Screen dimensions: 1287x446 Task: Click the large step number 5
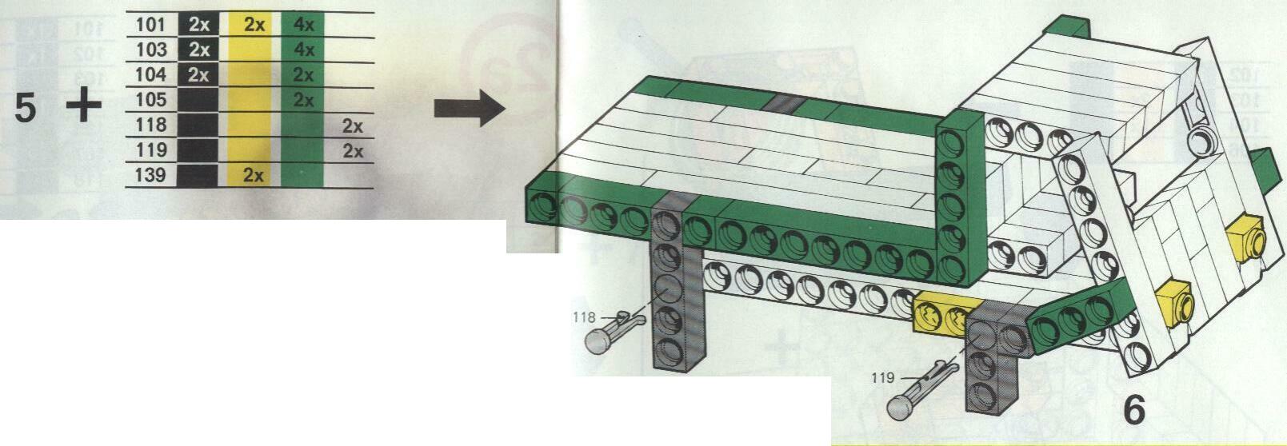tap(25, 108)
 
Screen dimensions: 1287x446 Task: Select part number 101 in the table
tap(150, 25)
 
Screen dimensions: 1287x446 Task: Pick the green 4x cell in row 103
tap(304, 50)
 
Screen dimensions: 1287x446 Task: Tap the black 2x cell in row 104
tap(199, 74)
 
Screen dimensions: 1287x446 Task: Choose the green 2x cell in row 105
tap(304, 100)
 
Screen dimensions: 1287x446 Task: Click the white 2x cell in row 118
tap(352, 125)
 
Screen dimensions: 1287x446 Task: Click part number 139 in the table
tap(150, 174)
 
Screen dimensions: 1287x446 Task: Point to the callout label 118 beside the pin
tap(585, 317)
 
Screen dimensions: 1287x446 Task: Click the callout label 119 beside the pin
tap(882, 378)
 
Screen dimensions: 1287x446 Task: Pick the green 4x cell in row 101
tap(304, 25)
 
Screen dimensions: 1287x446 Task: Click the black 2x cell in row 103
tap(199, 50)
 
